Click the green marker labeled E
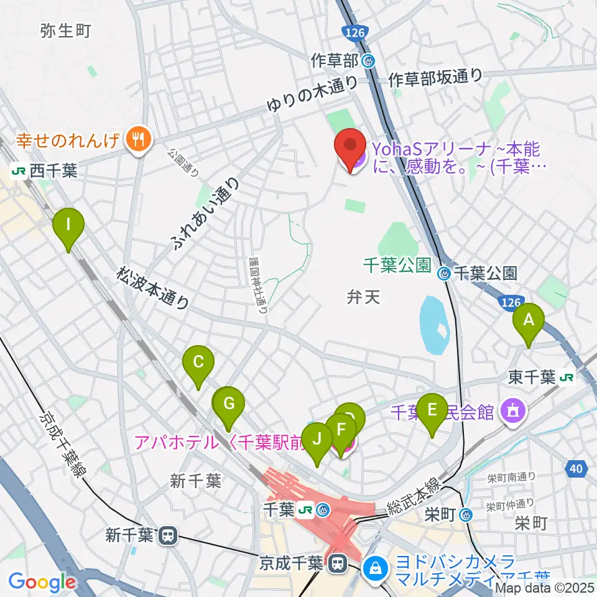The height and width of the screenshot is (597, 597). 432,412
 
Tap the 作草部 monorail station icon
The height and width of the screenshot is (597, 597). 369,61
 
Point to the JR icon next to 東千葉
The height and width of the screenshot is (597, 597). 566,377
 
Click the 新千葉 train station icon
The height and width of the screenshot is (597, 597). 167,535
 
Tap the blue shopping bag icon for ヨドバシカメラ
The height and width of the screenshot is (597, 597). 376,567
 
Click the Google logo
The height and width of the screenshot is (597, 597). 42,582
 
